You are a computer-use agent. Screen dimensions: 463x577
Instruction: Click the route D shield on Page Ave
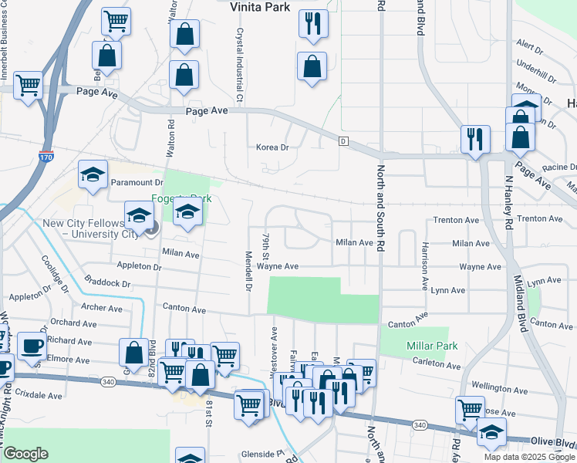tap(343, 140)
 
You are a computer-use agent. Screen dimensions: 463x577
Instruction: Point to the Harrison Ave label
tap(424, 265)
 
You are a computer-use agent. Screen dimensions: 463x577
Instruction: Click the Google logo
tap(26, 454)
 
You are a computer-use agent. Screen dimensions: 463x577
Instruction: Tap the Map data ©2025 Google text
tap(528, 457)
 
